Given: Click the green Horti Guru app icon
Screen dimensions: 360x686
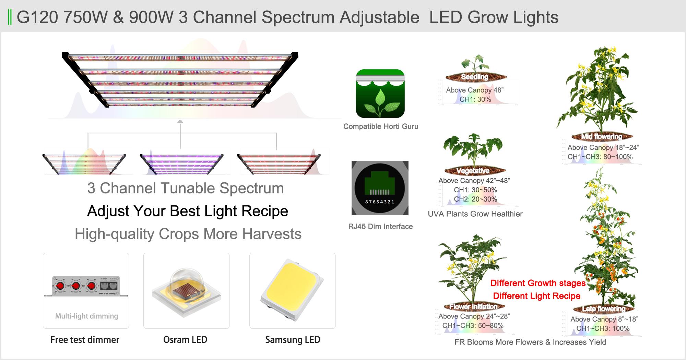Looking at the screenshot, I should [380, 94].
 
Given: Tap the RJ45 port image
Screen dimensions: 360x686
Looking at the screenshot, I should [380, 188].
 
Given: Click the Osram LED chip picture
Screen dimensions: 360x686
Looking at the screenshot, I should [186, 291].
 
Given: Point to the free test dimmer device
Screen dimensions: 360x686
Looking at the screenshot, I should [86, 286].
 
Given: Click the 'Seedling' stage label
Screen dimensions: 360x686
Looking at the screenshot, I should [474, 77].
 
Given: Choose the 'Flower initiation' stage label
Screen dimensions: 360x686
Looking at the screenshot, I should [473, 307].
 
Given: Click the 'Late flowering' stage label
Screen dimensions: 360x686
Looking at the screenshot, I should [604, 309].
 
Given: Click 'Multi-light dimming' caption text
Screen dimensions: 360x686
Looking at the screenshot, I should [86, 316].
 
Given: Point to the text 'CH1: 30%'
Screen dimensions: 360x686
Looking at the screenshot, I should [475, 99].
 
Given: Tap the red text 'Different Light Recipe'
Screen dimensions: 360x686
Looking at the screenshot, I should [536, 296].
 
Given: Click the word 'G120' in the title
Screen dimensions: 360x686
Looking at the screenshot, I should [37, 17].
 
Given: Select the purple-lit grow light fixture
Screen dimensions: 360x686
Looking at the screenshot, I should [182, 164].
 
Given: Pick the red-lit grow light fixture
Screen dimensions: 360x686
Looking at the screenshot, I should [279, 164].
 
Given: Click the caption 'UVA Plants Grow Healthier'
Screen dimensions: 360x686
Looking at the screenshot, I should [475, 214].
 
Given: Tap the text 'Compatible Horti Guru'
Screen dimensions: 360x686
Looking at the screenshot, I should [381, 127].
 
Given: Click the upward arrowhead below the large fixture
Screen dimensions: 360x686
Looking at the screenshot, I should [180, 121].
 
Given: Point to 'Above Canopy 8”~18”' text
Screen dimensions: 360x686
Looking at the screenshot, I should [604, 319].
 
